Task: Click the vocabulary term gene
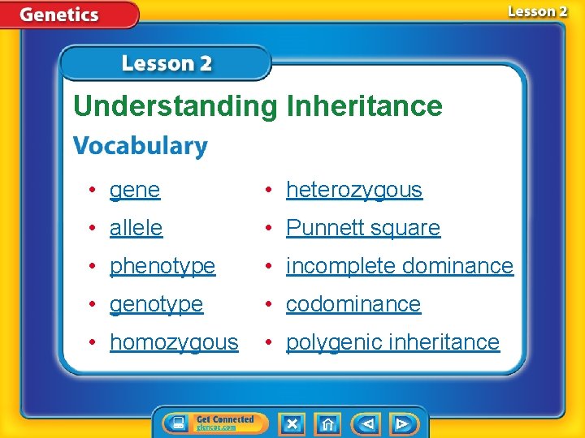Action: coord(135,191)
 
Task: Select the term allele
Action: coord(136,228)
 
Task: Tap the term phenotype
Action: coord(162,266)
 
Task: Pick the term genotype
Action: coord(157,304)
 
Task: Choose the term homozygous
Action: coord(174,342)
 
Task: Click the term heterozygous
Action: coord(354,191)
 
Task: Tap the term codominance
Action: coord(353,304)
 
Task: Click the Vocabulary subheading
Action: coord(141,147)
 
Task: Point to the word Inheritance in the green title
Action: coord(364,106)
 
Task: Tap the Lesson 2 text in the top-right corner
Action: coord(537,11)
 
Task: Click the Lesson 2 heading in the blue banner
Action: coord(167,63)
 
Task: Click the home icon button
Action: coord(327,423)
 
